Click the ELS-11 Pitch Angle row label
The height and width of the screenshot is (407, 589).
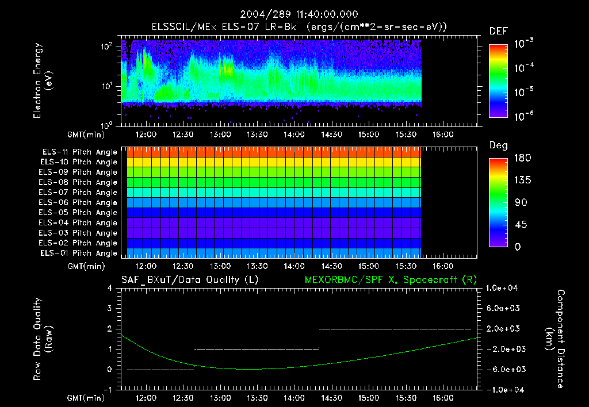[79, 152]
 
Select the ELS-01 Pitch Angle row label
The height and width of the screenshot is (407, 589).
[79, 253]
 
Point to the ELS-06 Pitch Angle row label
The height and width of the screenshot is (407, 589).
[79, 202]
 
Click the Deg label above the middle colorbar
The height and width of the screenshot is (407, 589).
[498, 145]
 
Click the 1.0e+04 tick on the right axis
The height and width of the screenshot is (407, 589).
[503, 288]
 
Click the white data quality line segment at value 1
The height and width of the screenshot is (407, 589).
[257, 349]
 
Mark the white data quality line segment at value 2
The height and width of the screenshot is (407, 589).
[395, 329]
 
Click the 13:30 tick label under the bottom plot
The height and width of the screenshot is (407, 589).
[257, 397]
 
